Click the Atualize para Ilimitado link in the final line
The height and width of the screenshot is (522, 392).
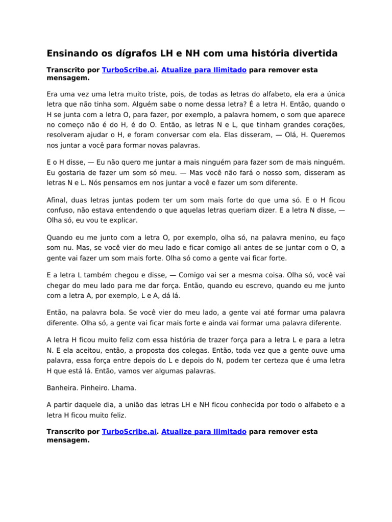pos(204,431)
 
